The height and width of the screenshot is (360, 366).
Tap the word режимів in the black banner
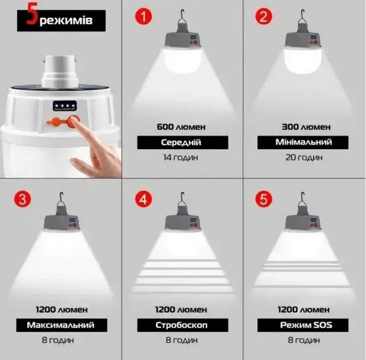66,21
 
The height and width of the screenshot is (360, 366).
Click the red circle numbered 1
143,16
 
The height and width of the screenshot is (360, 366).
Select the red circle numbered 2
264,16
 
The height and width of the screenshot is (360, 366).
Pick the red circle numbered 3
23,200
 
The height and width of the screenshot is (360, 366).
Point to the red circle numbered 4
143,200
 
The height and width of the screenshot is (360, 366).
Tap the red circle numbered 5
264,200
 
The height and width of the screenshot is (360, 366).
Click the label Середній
181,142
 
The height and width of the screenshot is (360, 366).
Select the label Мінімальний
304,142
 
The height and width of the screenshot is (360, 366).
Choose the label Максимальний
61,325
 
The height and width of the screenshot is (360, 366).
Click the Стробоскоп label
181,325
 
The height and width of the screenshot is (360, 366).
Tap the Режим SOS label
306,325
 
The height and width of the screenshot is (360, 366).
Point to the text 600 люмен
181,127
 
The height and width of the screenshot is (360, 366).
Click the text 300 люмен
306,127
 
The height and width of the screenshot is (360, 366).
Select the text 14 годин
180,157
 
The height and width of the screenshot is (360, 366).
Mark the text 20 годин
304,157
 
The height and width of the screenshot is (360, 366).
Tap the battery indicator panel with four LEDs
64,106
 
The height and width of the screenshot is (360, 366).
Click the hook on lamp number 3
61,198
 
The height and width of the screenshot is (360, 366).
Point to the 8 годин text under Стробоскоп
182,340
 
